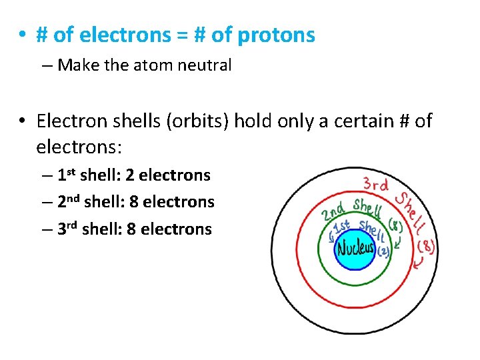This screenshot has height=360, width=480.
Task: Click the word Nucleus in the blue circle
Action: [x=356, y=249]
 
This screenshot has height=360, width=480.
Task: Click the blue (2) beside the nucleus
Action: [x=383, y=252]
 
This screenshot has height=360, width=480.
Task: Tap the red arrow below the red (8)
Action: [x=418, y=265]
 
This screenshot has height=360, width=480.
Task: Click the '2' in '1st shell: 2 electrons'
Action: [x=130, y=175]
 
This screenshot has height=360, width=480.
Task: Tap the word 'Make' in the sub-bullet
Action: [x=75, y=65]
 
